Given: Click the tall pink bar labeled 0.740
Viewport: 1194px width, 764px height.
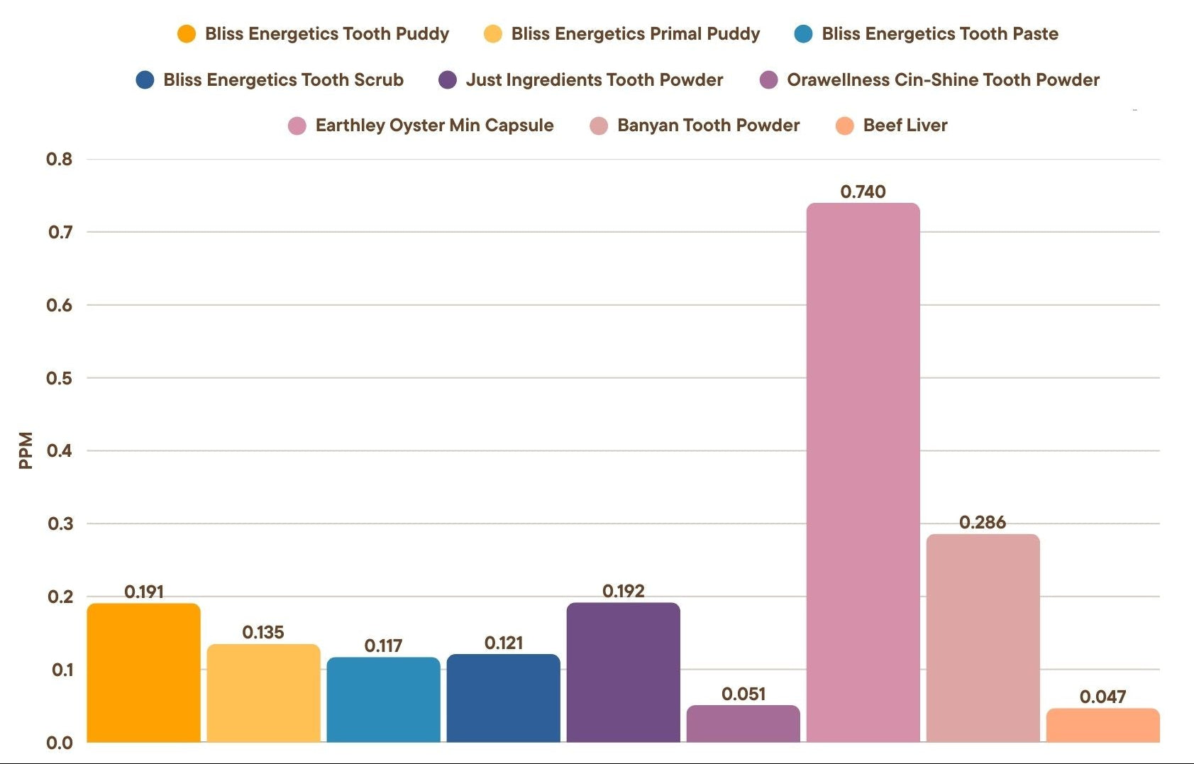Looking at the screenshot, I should pos(863,472).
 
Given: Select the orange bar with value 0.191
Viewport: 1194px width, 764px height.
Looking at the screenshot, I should pos(143,672).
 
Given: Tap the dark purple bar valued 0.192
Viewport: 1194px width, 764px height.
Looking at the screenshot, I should pos(623,672).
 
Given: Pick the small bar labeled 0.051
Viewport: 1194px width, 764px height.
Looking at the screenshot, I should pos(743,724).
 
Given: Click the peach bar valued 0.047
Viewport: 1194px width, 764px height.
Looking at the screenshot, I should pos(1102,725).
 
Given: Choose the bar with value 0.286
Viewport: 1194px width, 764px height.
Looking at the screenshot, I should pos(983,638).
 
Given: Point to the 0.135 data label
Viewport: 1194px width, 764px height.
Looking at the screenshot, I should pos(263,632).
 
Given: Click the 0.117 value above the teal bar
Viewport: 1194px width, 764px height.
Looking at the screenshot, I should pos(383,646).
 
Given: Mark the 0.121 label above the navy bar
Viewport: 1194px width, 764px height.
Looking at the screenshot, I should pos(504,643).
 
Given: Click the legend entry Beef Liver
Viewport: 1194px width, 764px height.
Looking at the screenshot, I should pos(905,126).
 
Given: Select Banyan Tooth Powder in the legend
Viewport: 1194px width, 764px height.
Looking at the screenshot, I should pos(708,126).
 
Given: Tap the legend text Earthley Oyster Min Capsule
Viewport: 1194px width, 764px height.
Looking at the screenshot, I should pos(434,126).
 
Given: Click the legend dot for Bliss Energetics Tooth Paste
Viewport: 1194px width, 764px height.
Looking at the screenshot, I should pos(803,34).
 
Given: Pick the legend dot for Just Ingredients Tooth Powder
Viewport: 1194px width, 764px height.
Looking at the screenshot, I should pos(448,80).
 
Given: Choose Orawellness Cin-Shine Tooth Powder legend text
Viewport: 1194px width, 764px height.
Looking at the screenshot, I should pos(943,80).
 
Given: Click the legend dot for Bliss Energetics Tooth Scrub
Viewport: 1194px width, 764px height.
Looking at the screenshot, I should pos(145,80).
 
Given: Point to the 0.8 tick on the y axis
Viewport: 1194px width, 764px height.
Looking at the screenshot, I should pos(60,159).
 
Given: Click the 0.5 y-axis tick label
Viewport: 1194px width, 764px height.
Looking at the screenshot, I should pos(60,378).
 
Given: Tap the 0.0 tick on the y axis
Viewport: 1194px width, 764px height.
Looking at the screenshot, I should pos(60,743).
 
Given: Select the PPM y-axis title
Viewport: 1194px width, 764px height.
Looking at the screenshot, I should pos(26,450).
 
